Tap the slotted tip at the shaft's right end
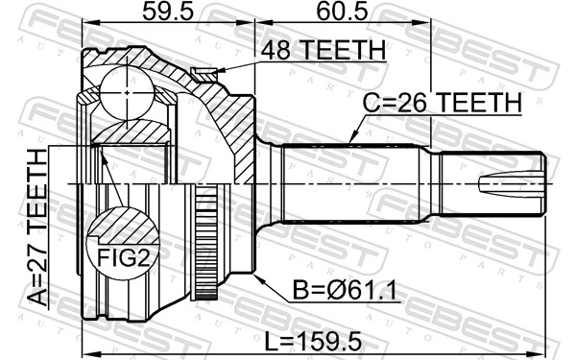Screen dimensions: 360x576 518,182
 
